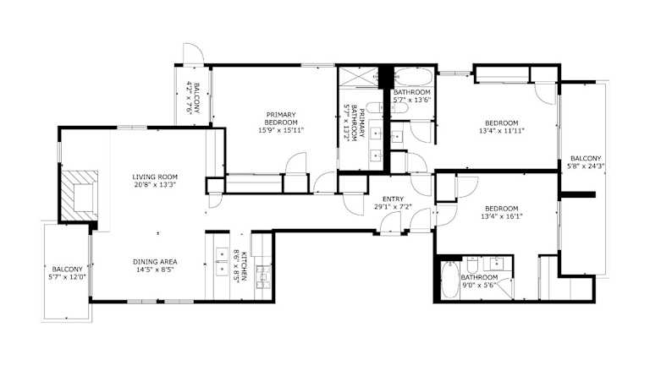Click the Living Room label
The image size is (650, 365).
coord(155,177)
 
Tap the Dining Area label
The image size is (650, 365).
coord(155,262)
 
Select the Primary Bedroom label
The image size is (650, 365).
coord(281,119)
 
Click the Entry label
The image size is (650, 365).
coord(393,199)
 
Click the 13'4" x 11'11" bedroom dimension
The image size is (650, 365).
coord(502,131)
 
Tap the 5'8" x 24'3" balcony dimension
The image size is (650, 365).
coord(586,166)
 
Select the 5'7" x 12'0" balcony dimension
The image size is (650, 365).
coord(67,277)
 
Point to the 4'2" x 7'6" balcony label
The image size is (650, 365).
coord(193,98)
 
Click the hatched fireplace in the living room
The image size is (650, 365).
coord(80,196)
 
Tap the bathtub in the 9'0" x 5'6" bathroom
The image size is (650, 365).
coord(449,281)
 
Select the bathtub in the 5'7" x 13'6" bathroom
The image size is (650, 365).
coord(413,77)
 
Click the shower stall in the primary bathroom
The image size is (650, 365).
coord(359,77)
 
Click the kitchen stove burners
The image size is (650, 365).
coord(263,276)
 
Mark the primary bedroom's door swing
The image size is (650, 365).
coord(296,162)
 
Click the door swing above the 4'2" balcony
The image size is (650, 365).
coord(193,54)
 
